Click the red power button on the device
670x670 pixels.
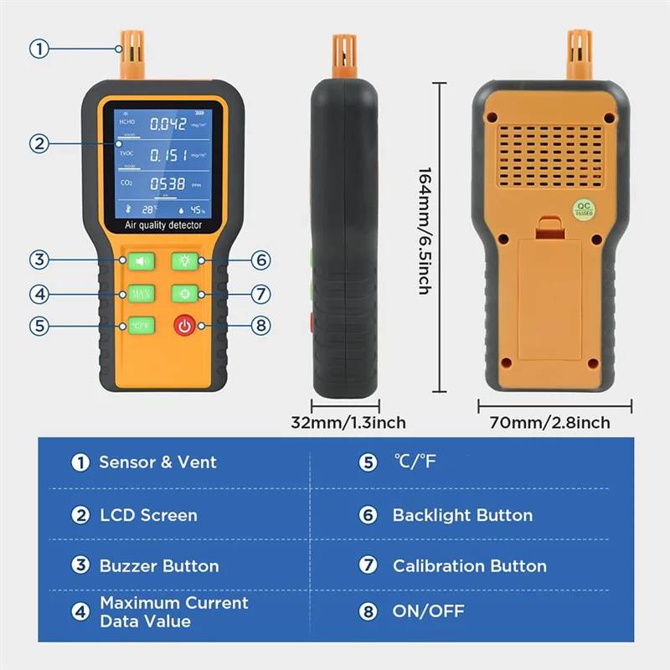coord(184,326)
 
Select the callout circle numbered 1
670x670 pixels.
coord(39,49)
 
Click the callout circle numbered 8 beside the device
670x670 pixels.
coord(261,326)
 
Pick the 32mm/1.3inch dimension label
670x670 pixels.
coord(348,422)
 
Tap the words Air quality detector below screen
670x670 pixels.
coord(163,225)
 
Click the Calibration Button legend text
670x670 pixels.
coord(469,566)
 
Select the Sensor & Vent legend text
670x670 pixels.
coord(157,462)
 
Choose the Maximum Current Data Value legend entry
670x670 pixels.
coord(174,611)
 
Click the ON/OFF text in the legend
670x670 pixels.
coord(428,611)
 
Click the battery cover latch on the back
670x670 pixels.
coord(549,224)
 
